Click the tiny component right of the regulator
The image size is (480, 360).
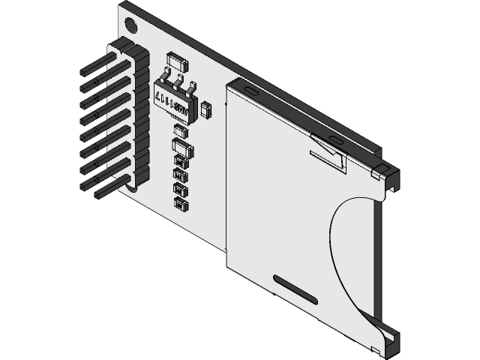(208, 111)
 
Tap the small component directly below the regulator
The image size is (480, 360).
(181, 130)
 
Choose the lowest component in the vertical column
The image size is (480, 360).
(180, 203)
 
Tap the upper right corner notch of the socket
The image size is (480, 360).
(385, 176)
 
